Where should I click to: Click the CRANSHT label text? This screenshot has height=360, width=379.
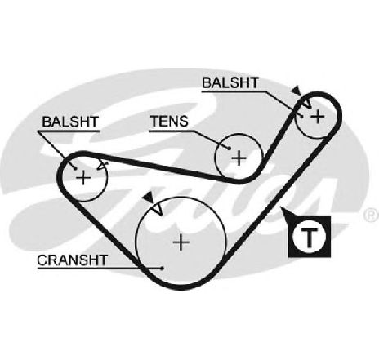pos(72,260)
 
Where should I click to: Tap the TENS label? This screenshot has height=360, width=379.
pos(169,121)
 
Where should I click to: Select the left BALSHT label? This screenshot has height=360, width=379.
pos(70,122)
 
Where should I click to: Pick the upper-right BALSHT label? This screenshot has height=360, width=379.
pos(230,82)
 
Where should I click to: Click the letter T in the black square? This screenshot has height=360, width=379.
pos(310,238)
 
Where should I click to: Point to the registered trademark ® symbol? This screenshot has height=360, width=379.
pos(372,215)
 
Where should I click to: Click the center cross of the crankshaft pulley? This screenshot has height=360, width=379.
pos(181,242)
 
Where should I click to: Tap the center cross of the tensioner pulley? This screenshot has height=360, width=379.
pos(239,158)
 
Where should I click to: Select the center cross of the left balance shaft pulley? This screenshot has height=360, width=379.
pos(83,178)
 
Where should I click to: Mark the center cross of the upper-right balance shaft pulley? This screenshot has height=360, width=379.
pos(318,117)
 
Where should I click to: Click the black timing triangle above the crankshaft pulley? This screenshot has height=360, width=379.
pos(149,197)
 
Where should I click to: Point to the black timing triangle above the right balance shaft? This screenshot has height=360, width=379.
pos(297,91)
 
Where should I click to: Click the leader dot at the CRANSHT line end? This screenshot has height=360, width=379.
pos(163,269)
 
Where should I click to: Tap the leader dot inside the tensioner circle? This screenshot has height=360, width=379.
pos(230,149)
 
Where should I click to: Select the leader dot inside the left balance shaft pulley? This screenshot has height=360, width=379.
pos(75,169)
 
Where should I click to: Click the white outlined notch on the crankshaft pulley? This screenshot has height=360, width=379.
pos(158,210)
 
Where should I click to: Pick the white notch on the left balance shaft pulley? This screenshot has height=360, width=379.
pos(102,166)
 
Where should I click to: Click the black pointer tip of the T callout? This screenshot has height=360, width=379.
pos(280,208)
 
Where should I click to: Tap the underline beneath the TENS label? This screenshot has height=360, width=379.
pos(172,131)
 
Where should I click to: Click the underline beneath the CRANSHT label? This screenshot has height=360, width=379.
pos(100,269)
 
